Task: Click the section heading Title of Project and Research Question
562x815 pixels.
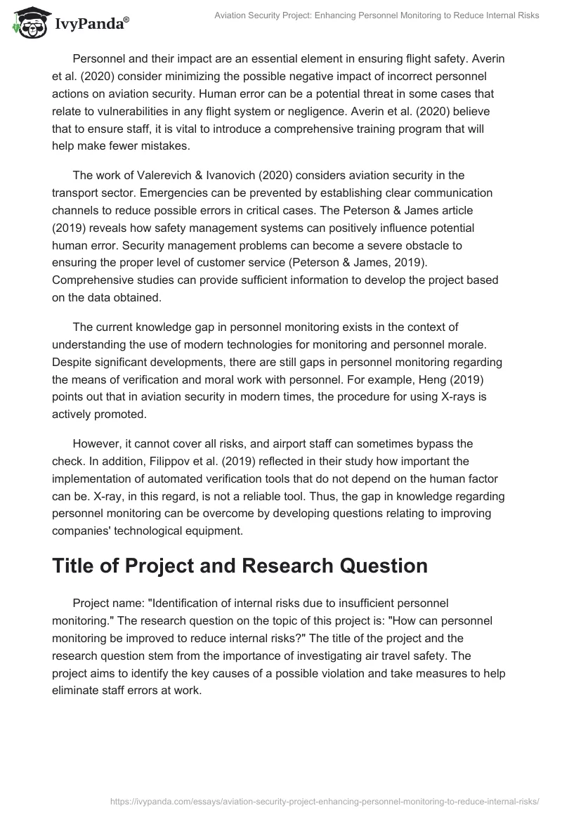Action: click(x=240, y=566)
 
